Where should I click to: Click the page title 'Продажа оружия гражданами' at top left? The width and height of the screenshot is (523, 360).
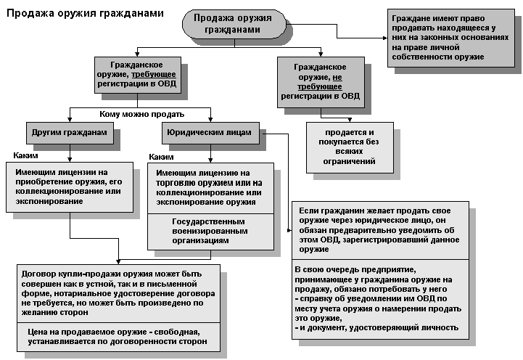pyautogui.click(x=85, y=14)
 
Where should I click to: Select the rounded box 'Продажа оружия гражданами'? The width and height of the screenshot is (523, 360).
pyautogui.click(x=229, y=24)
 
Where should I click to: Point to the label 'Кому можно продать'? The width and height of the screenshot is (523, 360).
pyautogui.click(x=141, y=114)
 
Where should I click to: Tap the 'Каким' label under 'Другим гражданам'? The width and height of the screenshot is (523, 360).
pyautogui.click(x=25, y=156)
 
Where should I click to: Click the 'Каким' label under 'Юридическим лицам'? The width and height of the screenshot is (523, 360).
pyautogui.click(x=161, y=157)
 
